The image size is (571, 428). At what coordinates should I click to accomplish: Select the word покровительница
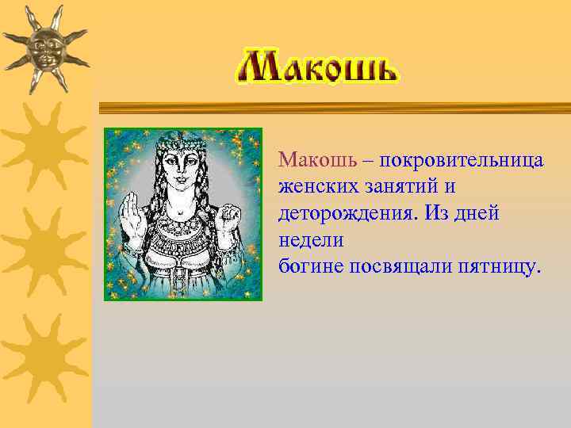pyautogui.click(x=461, y=161)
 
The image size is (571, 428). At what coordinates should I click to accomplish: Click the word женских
pyautogui.click(x=315, y=188)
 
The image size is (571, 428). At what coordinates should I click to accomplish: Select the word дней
pyautogui.click(x=477, y=214)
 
